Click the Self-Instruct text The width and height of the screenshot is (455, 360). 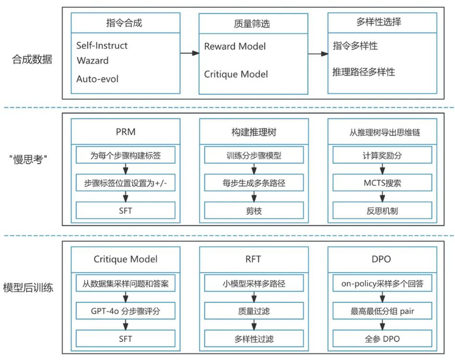tap(102, 46)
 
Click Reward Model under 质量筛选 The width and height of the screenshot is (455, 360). tap(235, 47)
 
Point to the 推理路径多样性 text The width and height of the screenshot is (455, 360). tap(363, 72)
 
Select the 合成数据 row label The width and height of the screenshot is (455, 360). tap(32, 59)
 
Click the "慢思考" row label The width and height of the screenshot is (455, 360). tap(31, 161)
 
